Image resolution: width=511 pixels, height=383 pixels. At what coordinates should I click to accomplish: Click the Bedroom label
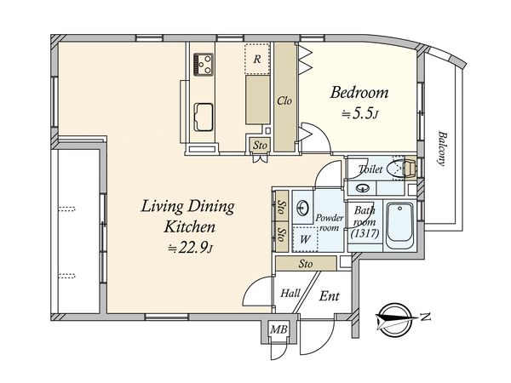(x=359, y=93)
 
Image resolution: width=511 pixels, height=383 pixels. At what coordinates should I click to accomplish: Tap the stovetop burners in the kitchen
(x=204, y=65)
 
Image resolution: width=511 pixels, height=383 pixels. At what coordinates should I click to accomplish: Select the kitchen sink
(x=204, y=117)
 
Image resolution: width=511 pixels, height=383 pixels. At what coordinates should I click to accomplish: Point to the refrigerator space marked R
(x=257, y=59)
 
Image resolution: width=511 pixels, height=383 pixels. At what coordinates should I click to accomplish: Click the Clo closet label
(x=284, y=101)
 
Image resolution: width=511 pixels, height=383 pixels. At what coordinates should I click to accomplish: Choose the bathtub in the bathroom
(x=400, y=226)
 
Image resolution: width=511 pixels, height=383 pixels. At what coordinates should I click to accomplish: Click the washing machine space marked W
(x=305, y=239)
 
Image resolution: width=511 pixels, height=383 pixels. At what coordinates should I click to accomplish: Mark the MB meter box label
(x=279, y=329)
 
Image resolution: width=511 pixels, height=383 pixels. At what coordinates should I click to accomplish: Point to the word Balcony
(x=442, y=148)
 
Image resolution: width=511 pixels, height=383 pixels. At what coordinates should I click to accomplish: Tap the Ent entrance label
(x=329, y=296)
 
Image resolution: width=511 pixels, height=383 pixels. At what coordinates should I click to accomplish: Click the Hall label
(x=290, y=293)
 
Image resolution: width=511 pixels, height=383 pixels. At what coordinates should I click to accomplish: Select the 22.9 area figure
(x=194, y=249)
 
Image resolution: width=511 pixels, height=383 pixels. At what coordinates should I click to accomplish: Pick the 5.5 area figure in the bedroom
(x=361, y=114)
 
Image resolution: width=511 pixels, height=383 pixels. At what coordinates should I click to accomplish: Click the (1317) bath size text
(x=365, y=233)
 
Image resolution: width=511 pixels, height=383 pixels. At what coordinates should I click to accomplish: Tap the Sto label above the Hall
(x=306, y=264)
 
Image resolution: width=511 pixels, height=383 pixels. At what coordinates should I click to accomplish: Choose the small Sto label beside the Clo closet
(x=260, y=146)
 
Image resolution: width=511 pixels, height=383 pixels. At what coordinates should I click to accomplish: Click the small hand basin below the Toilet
(x=362, y=188)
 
